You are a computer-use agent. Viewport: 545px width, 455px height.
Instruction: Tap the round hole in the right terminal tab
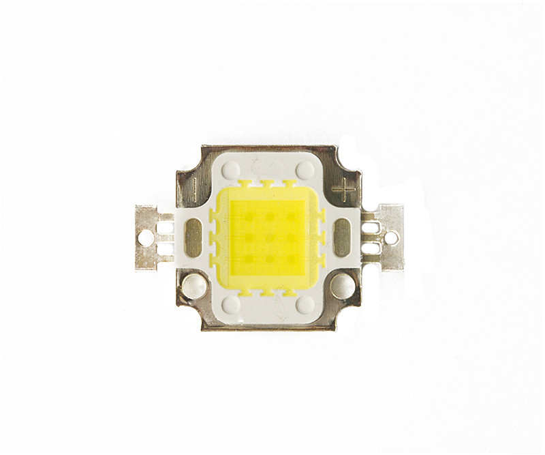pyautogui.click(x=391, y=237)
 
